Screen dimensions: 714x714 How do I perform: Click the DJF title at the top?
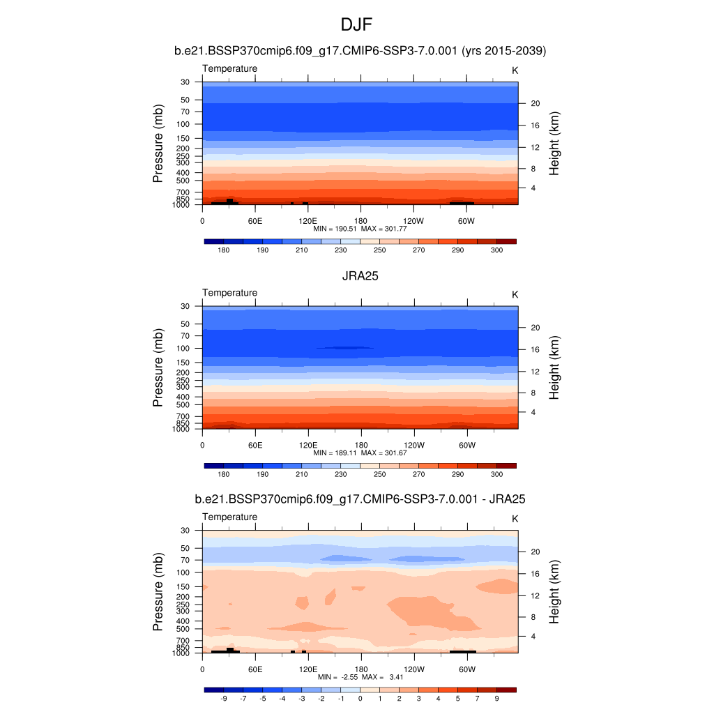point(357,25)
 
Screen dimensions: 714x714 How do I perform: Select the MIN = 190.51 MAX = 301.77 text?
point(360,229)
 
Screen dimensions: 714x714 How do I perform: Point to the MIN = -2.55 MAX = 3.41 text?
point(360,677)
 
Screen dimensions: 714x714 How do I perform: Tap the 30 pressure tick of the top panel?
point(185,82)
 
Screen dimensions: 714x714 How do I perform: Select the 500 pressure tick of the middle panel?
point(183,404)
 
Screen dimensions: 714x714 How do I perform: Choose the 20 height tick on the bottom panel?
point(535,552)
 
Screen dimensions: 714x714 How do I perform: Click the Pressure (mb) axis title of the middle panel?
point(158,368)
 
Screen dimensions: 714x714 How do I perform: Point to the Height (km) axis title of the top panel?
point(555,144)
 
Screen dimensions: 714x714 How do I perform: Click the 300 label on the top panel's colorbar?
point(496,250)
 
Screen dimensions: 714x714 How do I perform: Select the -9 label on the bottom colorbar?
point(224,698)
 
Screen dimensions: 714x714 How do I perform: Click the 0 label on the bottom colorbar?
point(360,698)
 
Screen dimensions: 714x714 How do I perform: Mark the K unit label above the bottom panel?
point(515,519)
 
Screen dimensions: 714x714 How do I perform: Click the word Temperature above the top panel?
point(229,68)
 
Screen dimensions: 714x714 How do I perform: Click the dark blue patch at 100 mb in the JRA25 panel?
point(345,347)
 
